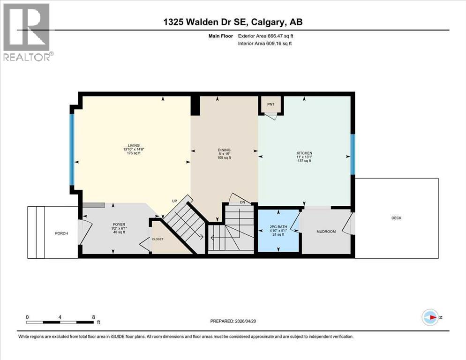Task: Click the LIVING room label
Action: (x=131, y=145)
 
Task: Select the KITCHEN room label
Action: (x=304, y=153)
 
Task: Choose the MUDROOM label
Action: (x=326, y=232)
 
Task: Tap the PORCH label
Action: (x=61, y=233)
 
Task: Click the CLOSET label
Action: (x=158, y=239)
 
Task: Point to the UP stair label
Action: (x=174, y=201)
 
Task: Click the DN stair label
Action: (x=242, y=202)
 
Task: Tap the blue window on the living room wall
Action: (x=72, y=150)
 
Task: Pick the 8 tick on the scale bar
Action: (x=93, y=317)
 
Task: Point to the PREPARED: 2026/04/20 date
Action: (x=233, y=321)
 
